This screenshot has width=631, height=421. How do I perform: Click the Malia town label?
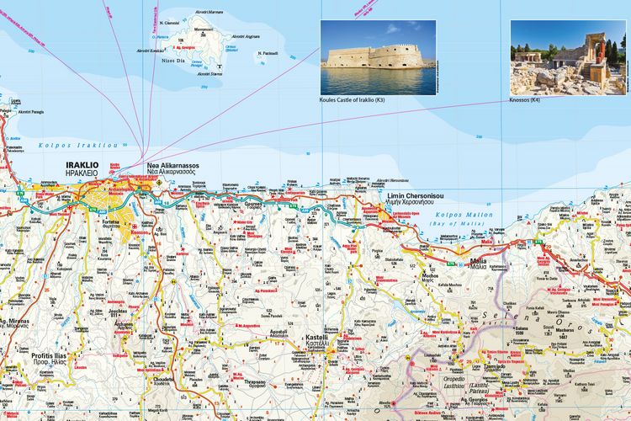pyautogui.click(x=480, y=261)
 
